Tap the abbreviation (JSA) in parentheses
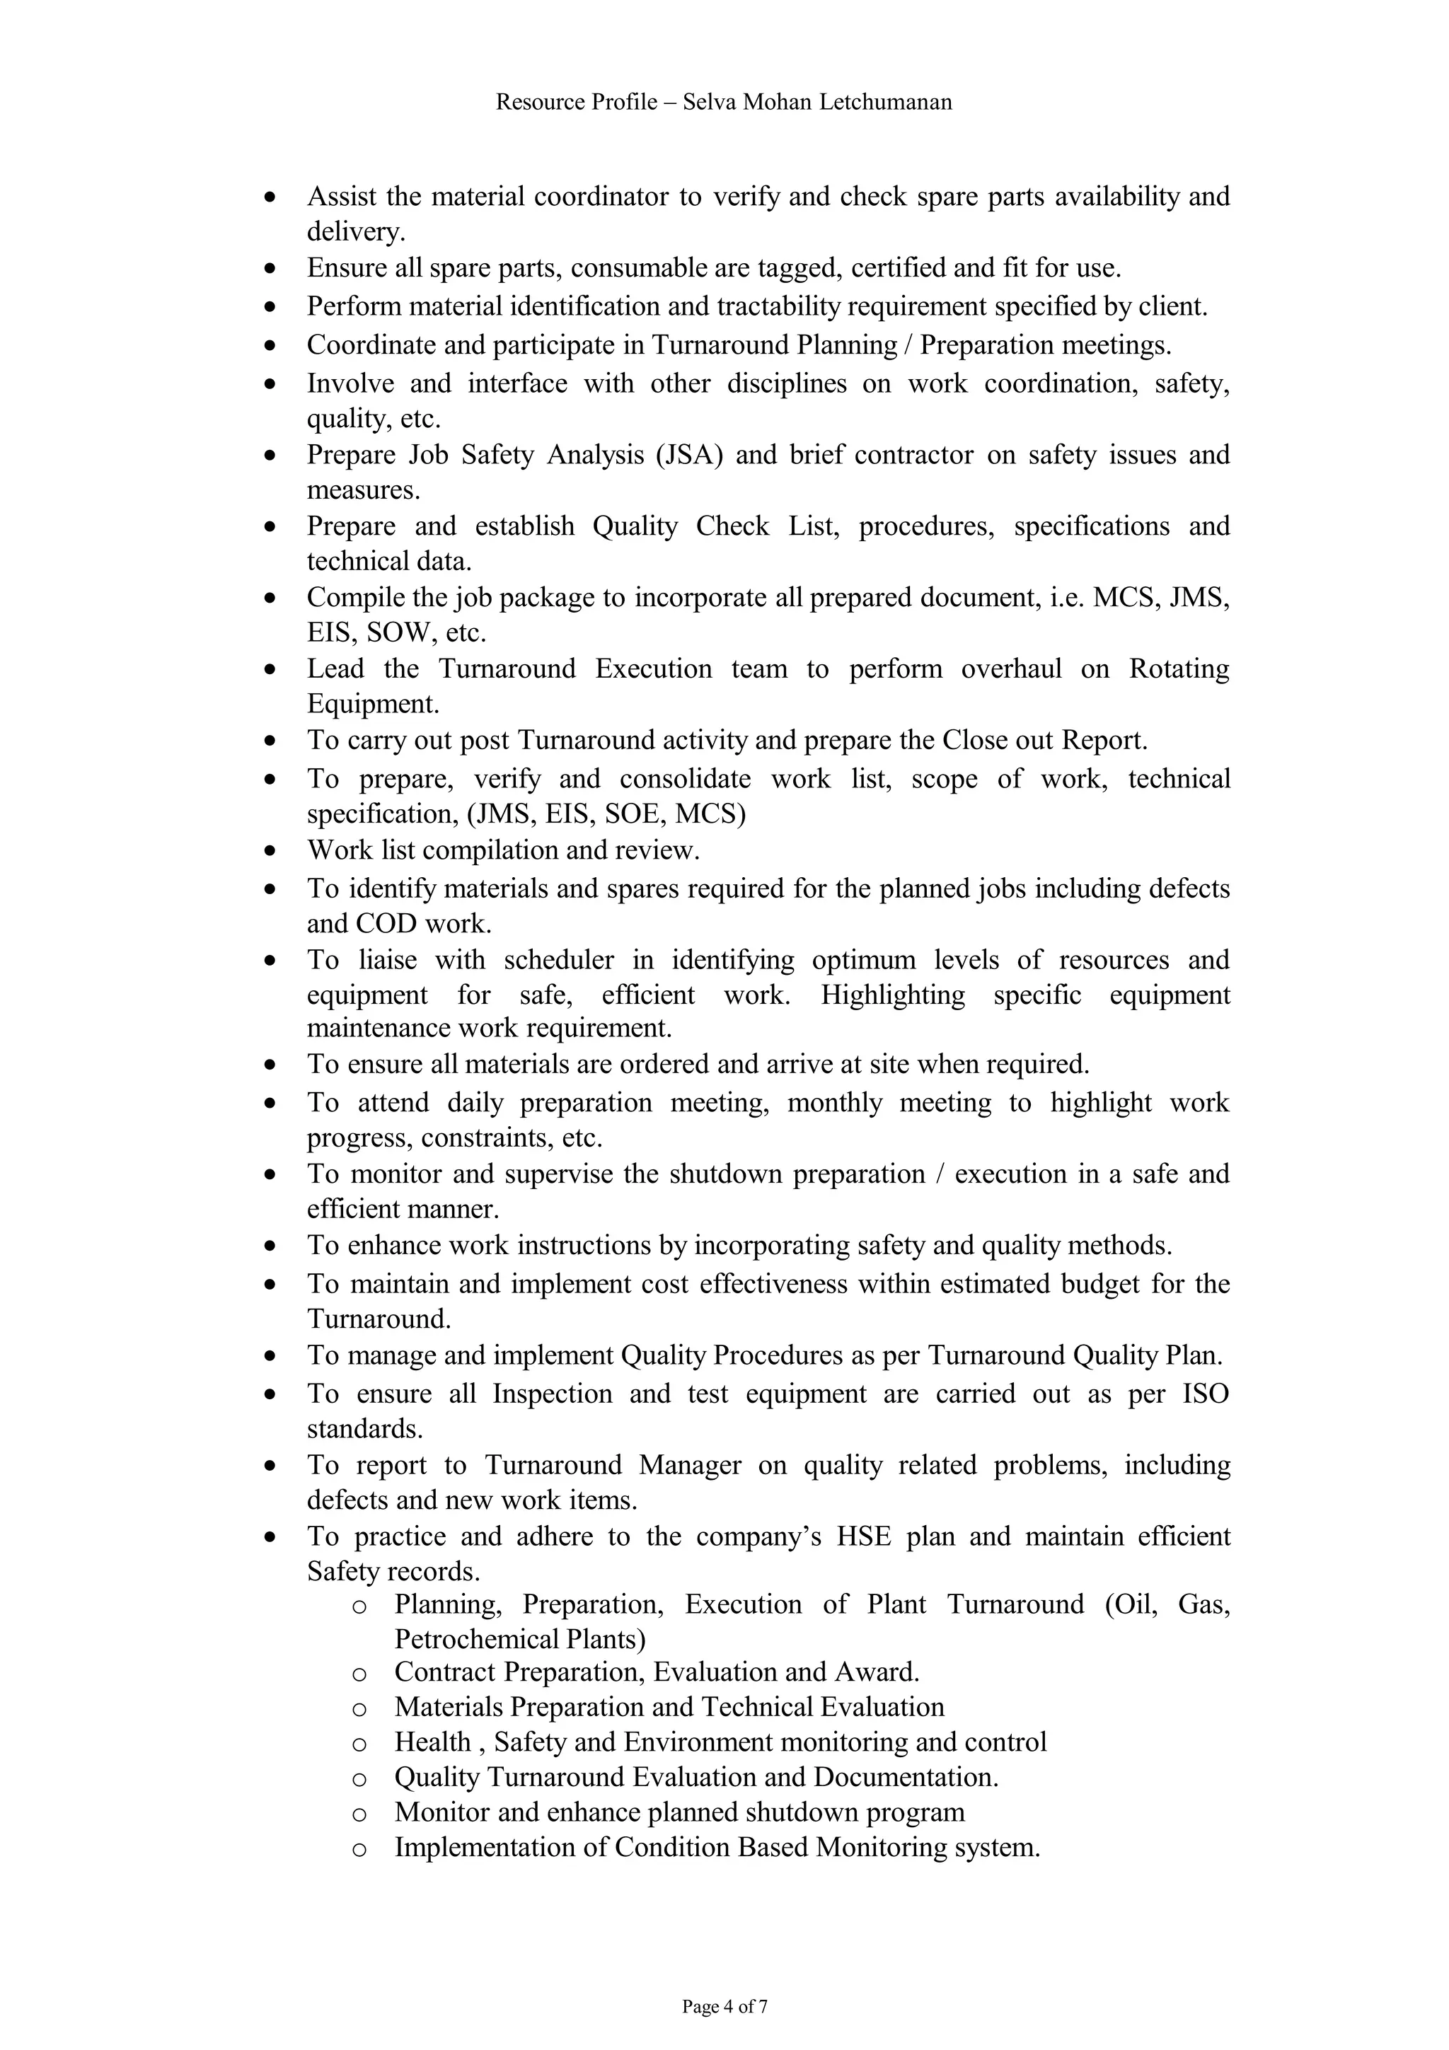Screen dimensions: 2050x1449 click(688, 454)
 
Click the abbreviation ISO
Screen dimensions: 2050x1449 click(1206, 1394)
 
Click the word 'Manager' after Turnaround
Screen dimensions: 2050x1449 click(689, 1465)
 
